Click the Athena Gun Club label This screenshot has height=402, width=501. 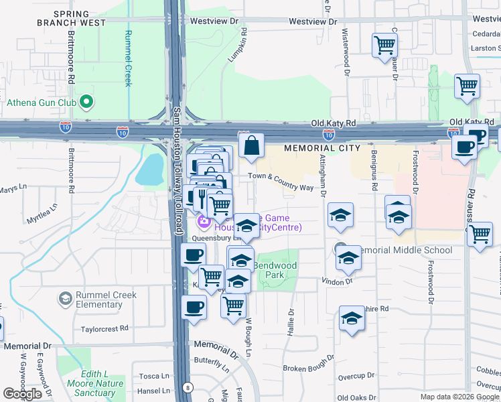(x=40, y=103)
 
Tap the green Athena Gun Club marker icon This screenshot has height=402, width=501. (x=86, y=103)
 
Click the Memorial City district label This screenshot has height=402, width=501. (x=322, y=148)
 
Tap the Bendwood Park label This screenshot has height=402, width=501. (x=275, y=270)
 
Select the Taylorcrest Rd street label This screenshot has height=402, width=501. (x=104, y=329)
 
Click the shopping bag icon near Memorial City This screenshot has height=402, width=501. (x=251, y=145)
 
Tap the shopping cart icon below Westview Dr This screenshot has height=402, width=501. (x=385, y=46)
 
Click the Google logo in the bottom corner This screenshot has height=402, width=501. (x=22, y=394)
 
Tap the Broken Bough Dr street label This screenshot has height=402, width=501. (x=305, y=368)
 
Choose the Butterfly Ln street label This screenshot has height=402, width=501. (x=212, y=362)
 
